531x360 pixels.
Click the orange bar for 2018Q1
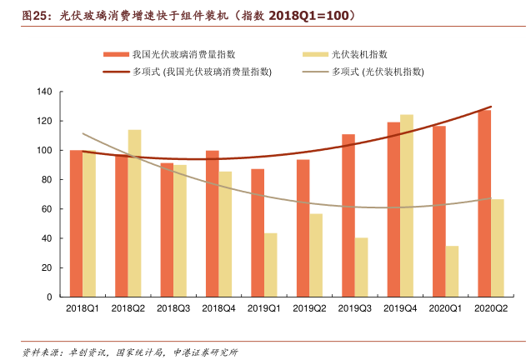[x=77, y=223]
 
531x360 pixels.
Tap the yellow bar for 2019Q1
[x=270, y=265]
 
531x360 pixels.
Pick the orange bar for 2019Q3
[x=348, y=215]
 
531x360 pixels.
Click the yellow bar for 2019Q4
[x=406, y=206]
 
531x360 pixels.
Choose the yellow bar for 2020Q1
[x=452, y=271]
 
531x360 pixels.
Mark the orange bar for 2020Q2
[x=484, y=203]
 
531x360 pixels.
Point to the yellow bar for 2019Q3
[x=361, y=267]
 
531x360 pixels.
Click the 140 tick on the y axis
[x=44, y=92]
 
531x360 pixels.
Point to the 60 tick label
[x=47, y=209]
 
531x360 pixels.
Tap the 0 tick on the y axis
[x=49, y=297]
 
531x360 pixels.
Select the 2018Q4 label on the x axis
[x=218, y=309]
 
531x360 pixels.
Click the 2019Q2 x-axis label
[x=309, y=309]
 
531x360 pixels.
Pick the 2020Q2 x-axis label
[x=490, y=309]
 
